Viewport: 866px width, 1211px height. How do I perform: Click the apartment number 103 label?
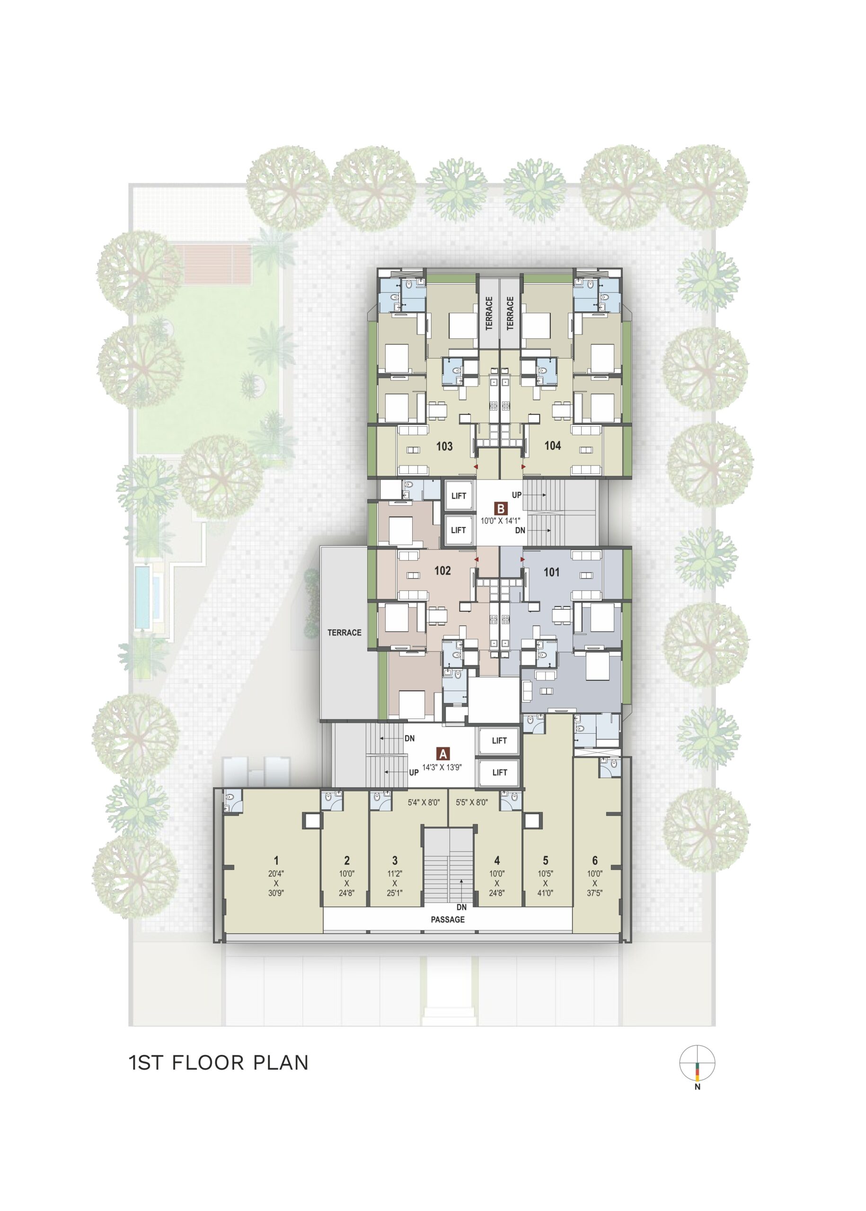point(444,446)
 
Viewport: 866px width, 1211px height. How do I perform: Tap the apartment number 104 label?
point(552,446)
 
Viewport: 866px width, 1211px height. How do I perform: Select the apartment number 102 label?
point(442,571)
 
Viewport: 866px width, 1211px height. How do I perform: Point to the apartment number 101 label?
point(551,572)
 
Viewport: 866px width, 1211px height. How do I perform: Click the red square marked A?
point(442,754)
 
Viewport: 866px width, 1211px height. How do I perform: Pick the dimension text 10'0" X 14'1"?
point(500,520)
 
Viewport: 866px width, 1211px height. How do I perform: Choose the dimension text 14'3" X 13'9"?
point(442,768)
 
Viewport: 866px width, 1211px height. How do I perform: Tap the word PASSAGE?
point(448,920)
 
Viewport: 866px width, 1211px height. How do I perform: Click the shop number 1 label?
point(276,860)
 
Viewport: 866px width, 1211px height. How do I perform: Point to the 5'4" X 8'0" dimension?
point(424,802)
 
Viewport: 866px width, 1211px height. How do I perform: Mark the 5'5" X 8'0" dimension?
point(472,802)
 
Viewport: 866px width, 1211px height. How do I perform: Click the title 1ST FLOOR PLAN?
point(219,1063)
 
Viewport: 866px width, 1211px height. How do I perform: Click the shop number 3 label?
point(395,860)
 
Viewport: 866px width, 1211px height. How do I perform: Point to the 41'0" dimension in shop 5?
point(546,893)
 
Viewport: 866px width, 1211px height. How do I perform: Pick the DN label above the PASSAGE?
point(461,907)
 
